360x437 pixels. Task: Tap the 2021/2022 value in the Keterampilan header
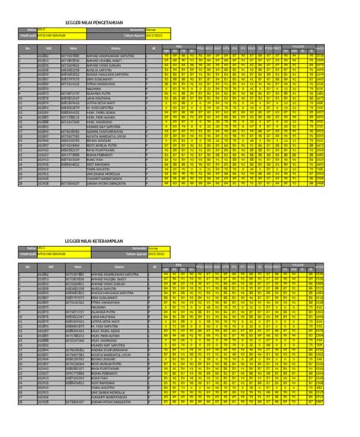[x=156, y=252]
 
